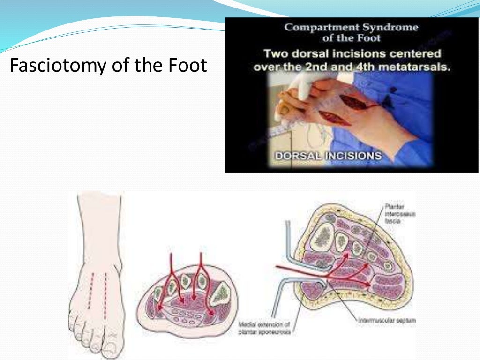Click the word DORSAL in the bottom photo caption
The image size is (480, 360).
[x=295, y=155]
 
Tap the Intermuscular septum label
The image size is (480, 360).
[x=387, y=321]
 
